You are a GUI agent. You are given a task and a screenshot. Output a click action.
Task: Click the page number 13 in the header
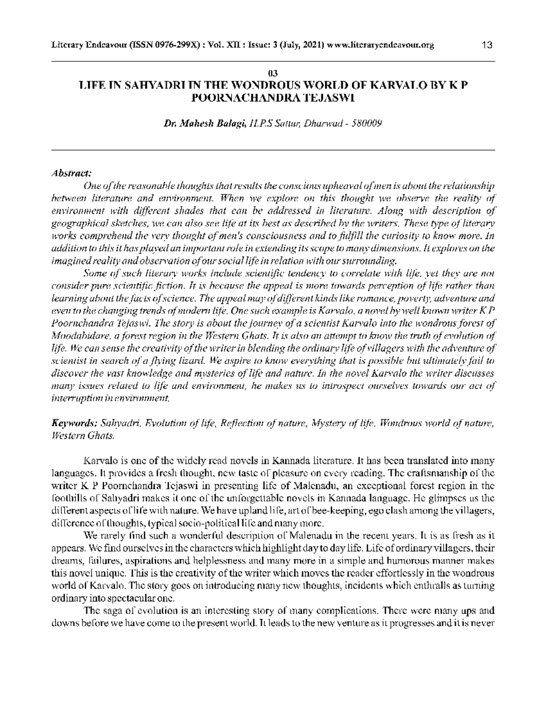click(486, 45)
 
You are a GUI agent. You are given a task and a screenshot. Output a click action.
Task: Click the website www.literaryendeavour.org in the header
click(380, 45)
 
